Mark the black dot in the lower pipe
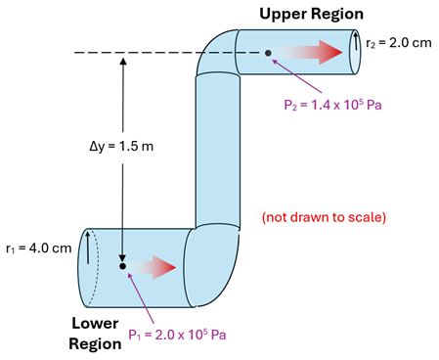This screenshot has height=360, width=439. (x=122, y=266)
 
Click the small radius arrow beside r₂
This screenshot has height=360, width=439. (x=357, y=42)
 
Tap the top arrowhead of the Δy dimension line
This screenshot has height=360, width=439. (x=122, y=62)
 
